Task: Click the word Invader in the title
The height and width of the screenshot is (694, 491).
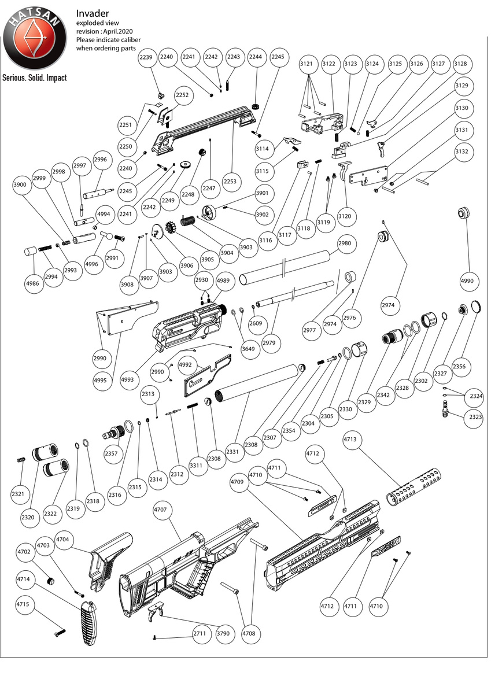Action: (93, 13)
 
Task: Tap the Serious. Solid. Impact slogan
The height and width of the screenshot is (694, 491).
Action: (34, 77)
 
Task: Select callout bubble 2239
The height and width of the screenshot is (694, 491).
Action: (146, 57)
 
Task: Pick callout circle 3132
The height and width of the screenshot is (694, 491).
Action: (462, 152)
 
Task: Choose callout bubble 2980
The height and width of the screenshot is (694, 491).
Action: (344, 243)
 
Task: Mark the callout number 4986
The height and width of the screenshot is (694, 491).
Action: (33, 284)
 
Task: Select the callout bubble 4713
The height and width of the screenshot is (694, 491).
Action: (350, 440)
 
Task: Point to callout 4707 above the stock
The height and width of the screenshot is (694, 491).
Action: (161, 510)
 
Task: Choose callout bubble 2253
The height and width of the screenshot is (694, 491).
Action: (230, 182)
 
